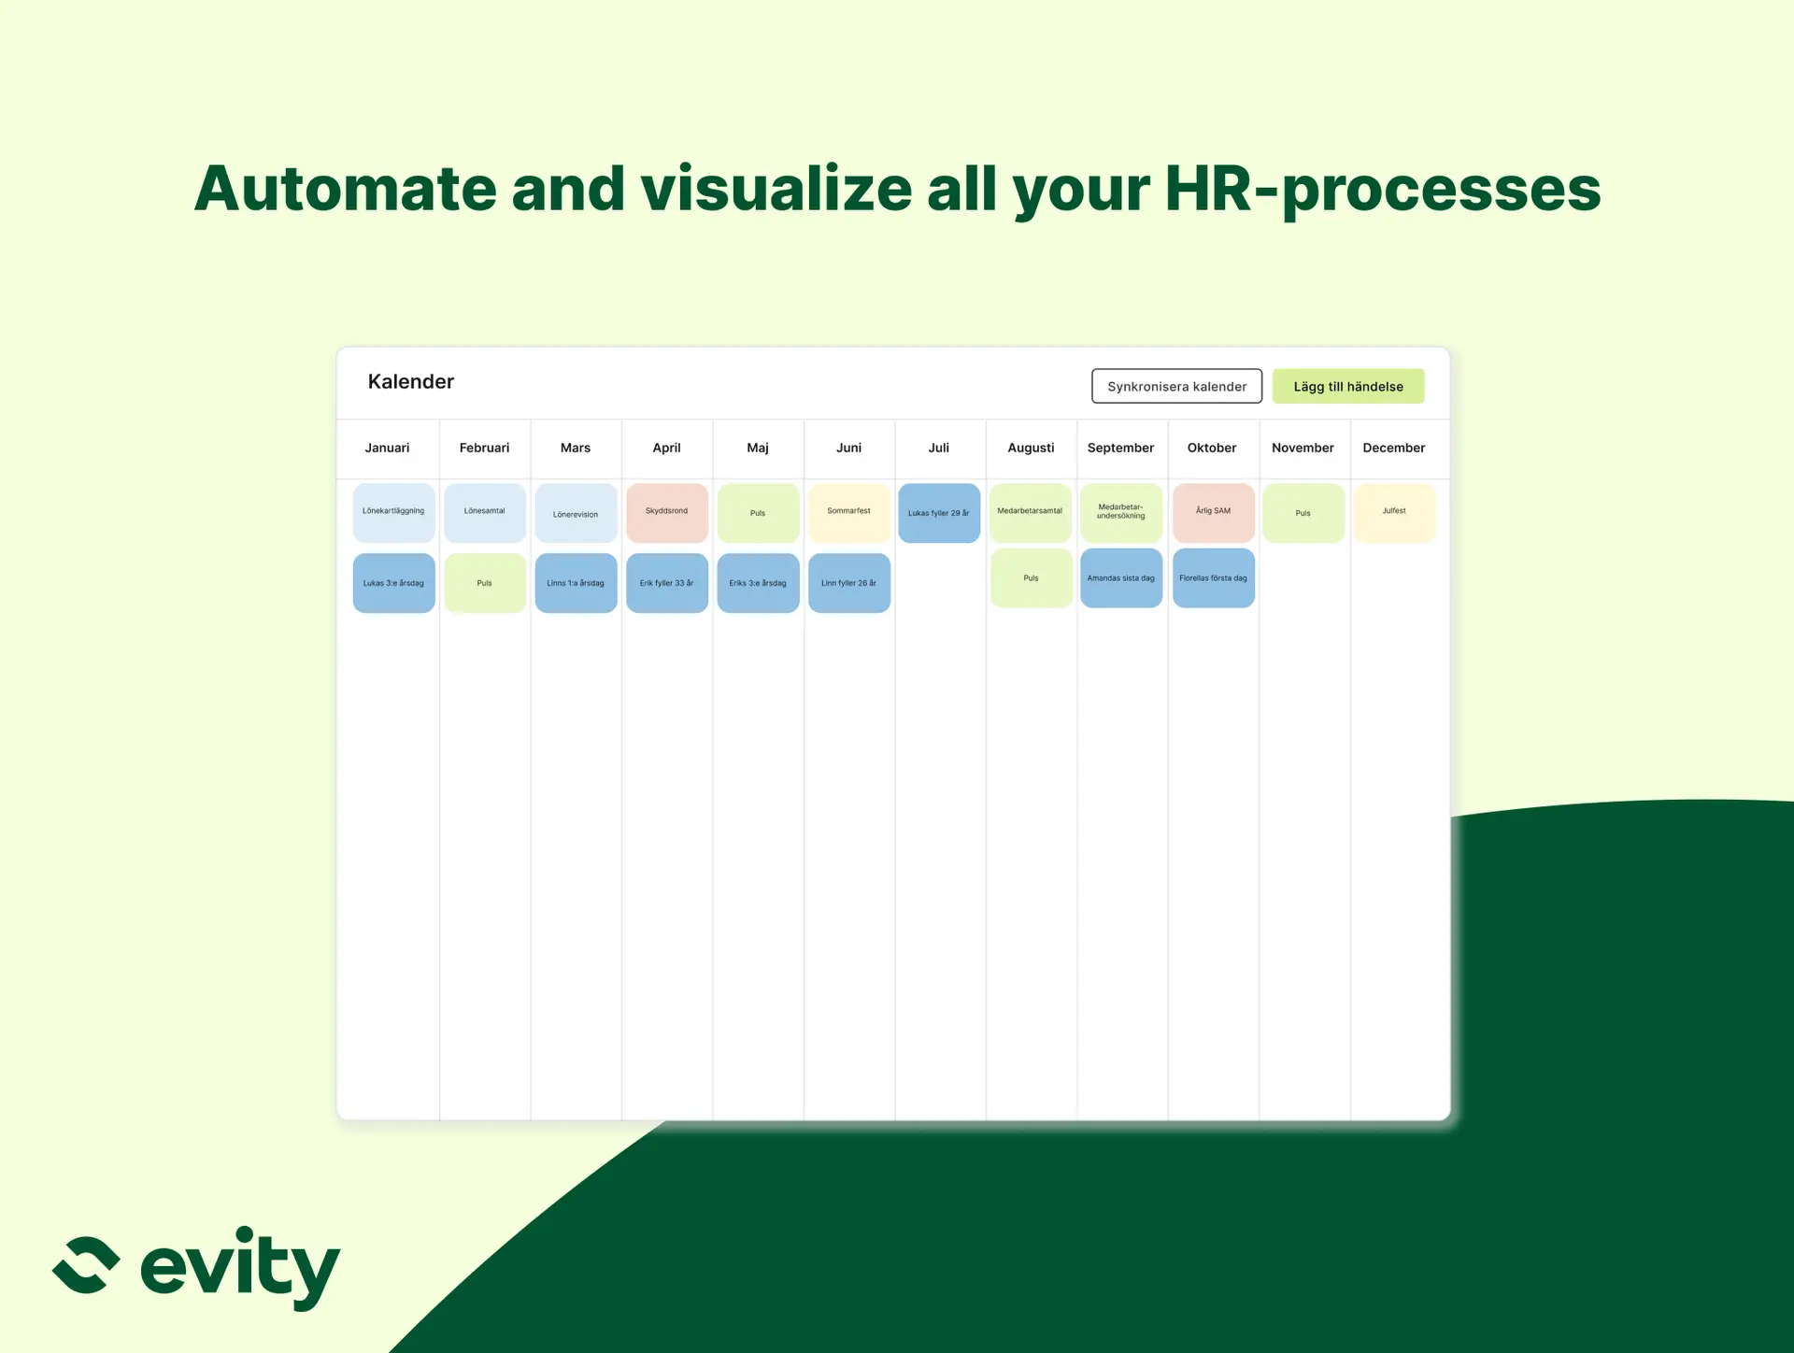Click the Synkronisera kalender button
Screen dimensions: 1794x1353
tap(1176, 386)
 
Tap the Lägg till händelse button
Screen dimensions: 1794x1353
tap(1348, 386)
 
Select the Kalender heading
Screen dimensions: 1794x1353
tap(411, 381)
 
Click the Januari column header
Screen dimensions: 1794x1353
tap(388, 448)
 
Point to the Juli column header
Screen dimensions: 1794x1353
tap(939, 448)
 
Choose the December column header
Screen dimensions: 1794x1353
tap(1394, 448)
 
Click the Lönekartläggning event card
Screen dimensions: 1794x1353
tap(393, 512)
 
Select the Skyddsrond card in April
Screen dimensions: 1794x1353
tap(667, 512)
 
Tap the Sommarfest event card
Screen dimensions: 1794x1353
tap(849, 512)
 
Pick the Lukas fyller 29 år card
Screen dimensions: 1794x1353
tap(939, 512)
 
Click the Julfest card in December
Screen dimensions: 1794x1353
tap(1394, 512)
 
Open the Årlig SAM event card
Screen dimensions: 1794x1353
tap(1214, 512)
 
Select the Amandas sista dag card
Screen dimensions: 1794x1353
tap(1121, 578)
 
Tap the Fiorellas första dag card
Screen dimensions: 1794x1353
tap(1214, 578)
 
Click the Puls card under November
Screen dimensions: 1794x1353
tap(1303, 512)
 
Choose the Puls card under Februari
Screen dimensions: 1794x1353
tap(485, 583)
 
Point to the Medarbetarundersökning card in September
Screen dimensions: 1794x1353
tap(1121, 512)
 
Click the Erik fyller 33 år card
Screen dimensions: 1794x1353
tap(667, 583)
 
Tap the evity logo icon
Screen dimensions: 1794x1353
tap(86, 1265)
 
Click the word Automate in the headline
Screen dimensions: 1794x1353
tap(345, 189)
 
